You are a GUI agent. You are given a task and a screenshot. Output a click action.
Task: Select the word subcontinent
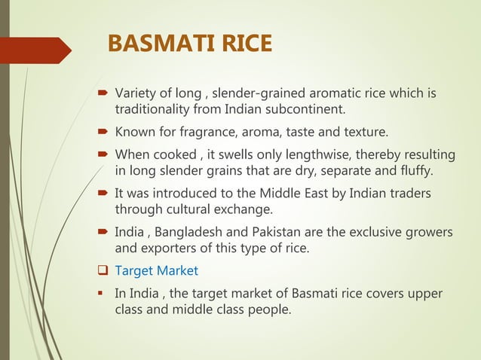click(306, 111)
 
